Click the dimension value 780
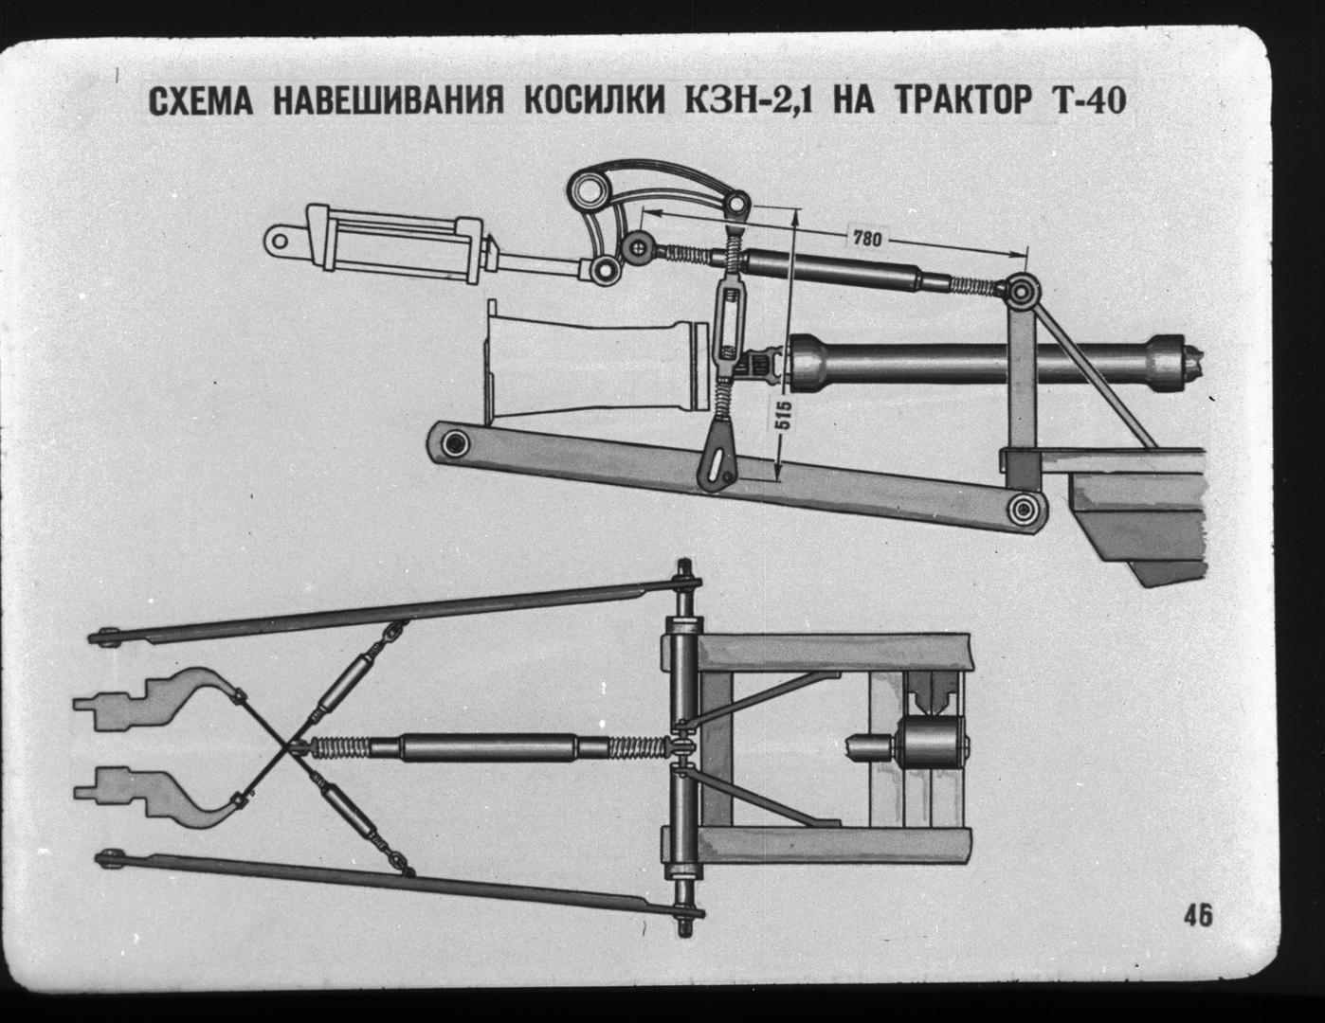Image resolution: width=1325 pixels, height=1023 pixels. click(x=866, y=239)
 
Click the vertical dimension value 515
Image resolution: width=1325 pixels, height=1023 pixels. click(x=785, y=415)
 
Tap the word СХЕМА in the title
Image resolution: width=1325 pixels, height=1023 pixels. click(x=201, y=101)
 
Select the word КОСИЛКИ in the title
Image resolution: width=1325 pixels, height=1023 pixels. click(x=594, y=101)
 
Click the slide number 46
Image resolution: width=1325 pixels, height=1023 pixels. click(x=1198, y=933)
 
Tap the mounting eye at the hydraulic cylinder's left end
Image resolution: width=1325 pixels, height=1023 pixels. click(x=280, y=242)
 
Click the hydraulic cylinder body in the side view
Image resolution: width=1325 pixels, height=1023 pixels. click(x=396, y=243)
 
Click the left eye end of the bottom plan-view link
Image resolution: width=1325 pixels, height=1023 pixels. click(x=111, y=858)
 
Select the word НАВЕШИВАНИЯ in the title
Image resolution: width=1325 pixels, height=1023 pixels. click(x=388, y=101)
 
